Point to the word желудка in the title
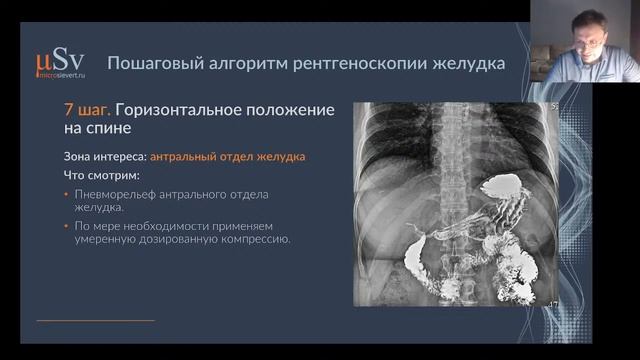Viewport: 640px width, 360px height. tap(470, 63)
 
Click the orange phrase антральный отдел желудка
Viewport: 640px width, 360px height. tap(229, 157)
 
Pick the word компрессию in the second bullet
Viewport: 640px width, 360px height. tap(253, 239)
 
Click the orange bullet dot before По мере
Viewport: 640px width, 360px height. tap(66, 226)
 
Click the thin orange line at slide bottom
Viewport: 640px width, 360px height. tap(95, 320)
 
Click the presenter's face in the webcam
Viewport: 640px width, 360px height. tap(589, 30)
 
